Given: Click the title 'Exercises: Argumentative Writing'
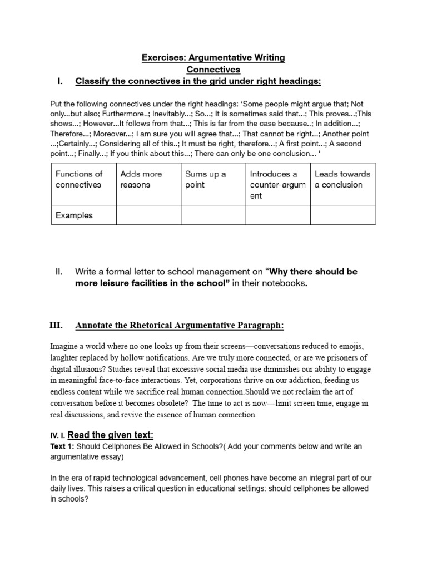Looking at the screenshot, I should coord(213,58).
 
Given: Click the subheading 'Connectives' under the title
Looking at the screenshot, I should coord(213,70).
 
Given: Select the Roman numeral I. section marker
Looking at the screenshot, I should coord(60,82).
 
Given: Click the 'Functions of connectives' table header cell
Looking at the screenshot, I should coord(79,179).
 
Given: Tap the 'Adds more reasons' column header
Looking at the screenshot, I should coord(141,179).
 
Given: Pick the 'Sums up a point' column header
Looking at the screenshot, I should coord(205,179).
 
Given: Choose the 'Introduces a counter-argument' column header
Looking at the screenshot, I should coord(277,185).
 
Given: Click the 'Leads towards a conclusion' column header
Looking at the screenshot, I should coord(342,179).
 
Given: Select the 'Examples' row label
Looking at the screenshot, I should coord(74,215).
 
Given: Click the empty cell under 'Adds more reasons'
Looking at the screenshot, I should coord(148,215).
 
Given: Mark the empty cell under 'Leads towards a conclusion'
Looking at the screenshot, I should coord(342,215).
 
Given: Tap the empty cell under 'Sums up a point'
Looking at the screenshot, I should coord(213,215).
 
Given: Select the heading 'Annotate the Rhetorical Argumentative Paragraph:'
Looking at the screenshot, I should coord(180,325).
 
